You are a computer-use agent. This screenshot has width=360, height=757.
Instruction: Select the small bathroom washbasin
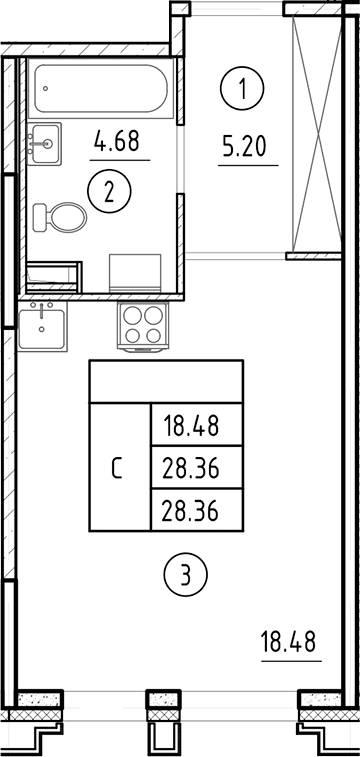(44, 143)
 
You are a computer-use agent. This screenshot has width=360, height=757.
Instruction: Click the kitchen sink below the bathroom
(41, 326)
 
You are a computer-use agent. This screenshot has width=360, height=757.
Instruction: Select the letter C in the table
(118, 468)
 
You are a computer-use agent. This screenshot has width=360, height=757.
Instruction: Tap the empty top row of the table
(167, 380)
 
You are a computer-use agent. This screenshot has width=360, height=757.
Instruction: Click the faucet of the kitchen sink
(40, 307)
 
